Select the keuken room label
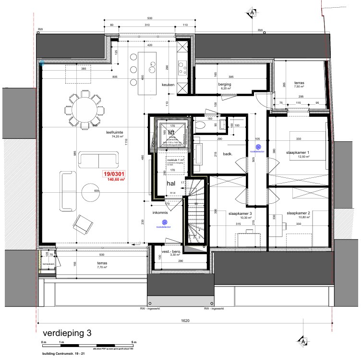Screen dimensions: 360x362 pyautogui.click(x=168, y=85)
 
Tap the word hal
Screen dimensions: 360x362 pyautogui.click(x=170, y=183)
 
